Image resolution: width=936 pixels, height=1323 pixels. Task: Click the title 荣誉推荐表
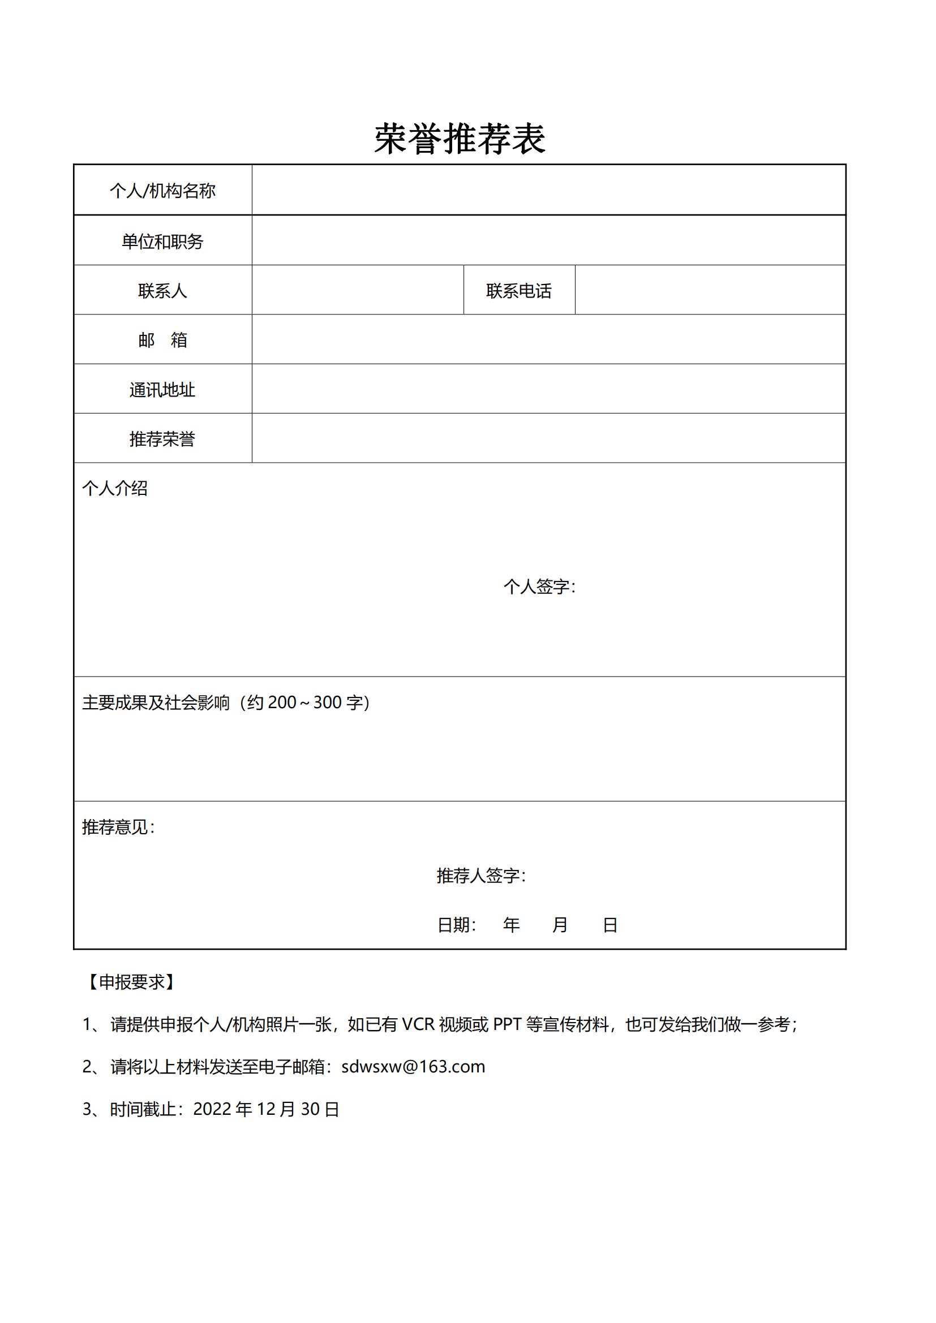click(460, 139)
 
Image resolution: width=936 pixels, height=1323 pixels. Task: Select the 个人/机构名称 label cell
click(162, 191)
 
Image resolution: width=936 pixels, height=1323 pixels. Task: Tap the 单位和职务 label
click(162, 242)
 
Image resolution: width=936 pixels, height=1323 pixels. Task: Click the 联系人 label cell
click(162, 291)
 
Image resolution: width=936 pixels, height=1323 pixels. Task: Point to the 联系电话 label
click(519, 291)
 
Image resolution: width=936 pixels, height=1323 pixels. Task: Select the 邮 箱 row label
click(162, 340)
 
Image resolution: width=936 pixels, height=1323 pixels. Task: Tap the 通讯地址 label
click(162, 390)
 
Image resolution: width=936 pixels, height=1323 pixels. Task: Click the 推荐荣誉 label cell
click(162, 439)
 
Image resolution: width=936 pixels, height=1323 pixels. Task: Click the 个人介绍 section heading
click(115, 489)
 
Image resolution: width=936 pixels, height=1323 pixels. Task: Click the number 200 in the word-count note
click(282, 703)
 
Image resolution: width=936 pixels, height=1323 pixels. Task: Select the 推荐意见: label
click(118, 827)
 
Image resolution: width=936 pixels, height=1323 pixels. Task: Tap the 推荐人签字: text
click(480, 875)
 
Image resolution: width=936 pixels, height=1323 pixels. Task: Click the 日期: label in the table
click(457, 925)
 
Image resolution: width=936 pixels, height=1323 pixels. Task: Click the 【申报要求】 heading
click(132, 982)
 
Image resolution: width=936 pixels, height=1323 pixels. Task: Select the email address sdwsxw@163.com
click(413, 1067)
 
